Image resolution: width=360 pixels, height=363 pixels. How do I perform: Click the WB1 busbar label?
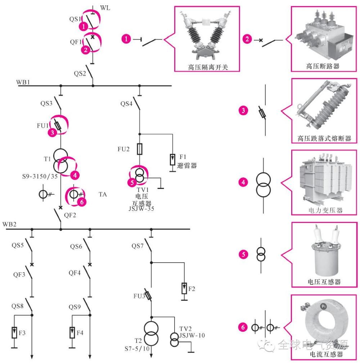[23, 82]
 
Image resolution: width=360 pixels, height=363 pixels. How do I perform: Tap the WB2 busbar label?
[9, 224]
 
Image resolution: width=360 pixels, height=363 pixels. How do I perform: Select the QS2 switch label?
[80, 74]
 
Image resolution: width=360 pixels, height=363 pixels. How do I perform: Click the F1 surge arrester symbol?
[173, 159]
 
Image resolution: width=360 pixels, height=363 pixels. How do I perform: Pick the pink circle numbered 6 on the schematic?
[82, 202]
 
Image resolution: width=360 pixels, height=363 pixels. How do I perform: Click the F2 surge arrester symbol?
[184, 287]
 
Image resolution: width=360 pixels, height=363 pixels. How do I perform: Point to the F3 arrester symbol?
[14, 333]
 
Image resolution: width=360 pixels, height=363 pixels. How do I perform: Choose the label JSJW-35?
[141, 208]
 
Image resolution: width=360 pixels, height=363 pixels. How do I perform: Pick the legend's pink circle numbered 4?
[243, 182]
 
